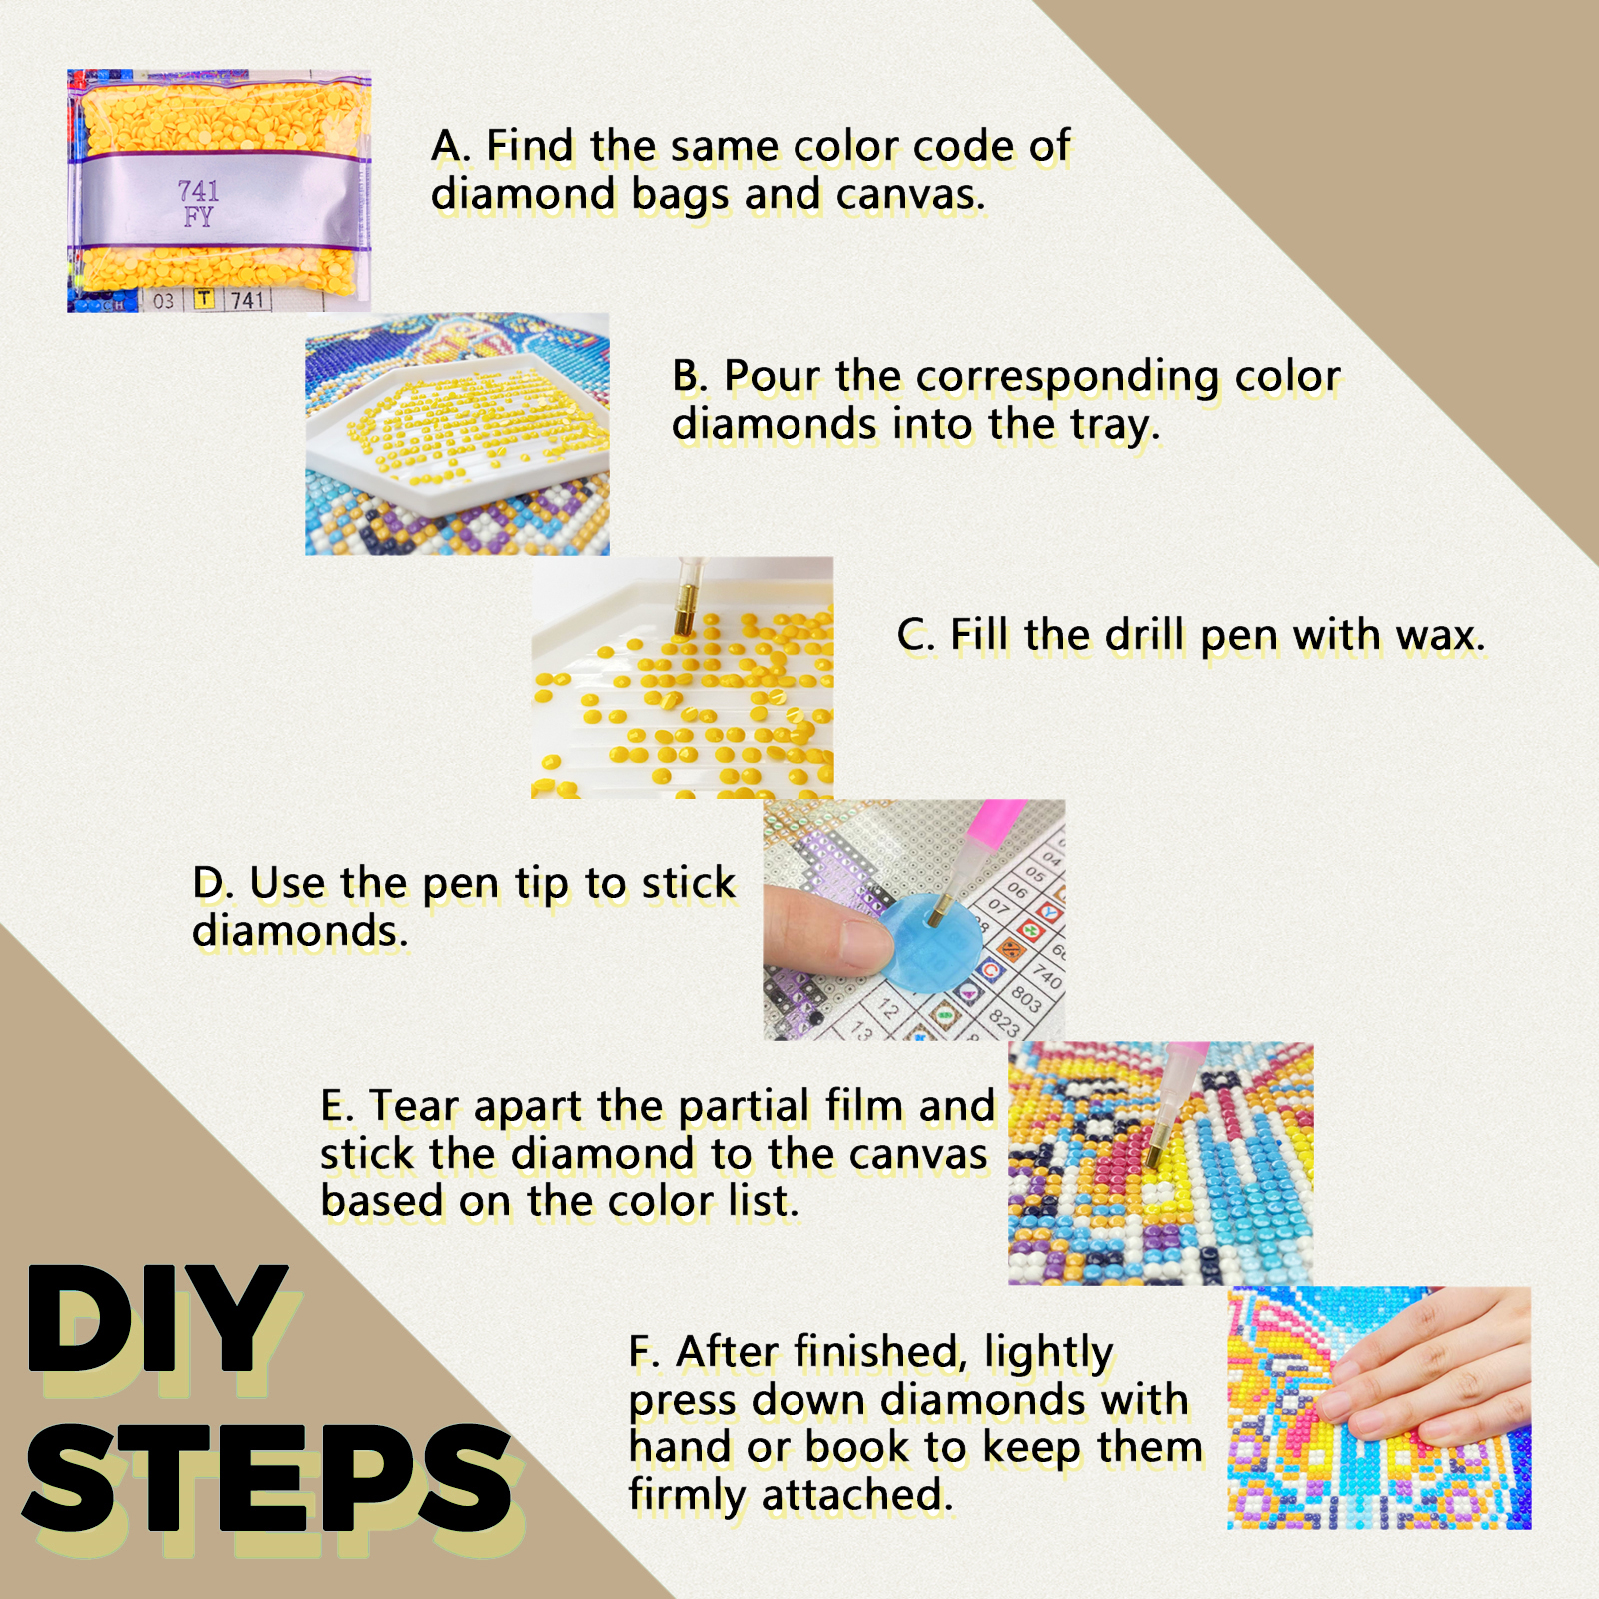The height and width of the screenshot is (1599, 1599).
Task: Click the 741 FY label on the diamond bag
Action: click(198, 203)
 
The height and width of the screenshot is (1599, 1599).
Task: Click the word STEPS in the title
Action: click(267, 1480)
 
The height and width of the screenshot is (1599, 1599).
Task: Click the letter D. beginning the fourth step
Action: click(213, 883)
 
